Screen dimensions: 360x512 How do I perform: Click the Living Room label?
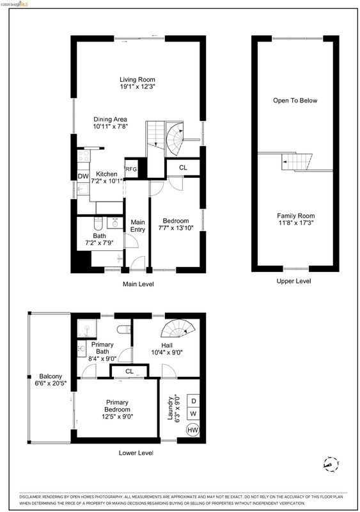tap(137, 79)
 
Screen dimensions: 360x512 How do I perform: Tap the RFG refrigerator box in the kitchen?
tap(131, 169)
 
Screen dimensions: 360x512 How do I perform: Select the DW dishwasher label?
tap(83, 176)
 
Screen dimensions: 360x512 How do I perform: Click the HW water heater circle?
tap(192, 429)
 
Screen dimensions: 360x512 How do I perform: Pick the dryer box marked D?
tap(193, 401)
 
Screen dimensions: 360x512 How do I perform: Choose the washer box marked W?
tap(193, 413)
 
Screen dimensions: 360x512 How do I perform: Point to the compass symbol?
tap(331, 464)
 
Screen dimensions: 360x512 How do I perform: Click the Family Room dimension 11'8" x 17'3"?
tap(295, 223)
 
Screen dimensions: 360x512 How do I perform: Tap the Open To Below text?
tap(295, 100)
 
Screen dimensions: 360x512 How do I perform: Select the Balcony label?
tap(51, 376)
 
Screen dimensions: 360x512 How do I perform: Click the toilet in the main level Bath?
tap(98, 223)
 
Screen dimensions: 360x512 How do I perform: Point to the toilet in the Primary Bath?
tap(123, 329)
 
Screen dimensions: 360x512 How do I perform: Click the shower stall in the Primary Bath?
tap(87, 328)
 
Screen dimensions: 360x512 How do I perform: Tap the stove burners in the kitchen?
tap(84, 156)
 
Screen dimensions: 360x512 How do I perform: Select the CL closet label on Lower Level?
tap(129, 371)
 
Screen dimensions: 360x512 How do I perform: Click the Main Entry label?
tap(137, 226)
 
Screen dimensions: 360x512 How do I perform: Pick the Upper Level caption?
tap(293, 281)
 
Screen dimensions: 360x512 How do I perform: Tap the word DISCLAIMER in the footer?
tap(30, 497)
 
